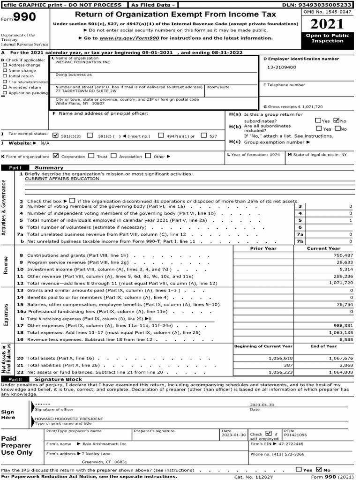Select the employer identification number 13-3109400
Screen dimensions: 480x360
pos(282,67)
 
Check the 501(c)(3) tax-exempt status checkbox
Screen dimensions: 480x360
pos(56,135)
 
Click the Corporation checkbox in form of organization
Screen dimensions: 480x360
pos(56,156)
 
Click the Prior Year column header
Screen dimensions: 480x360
pos(263,248)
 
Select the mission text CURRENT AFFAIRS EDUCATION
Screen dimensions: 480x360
pos(62,179)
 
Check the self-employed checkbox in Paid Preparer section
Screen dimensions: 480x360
pos(268,434)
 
